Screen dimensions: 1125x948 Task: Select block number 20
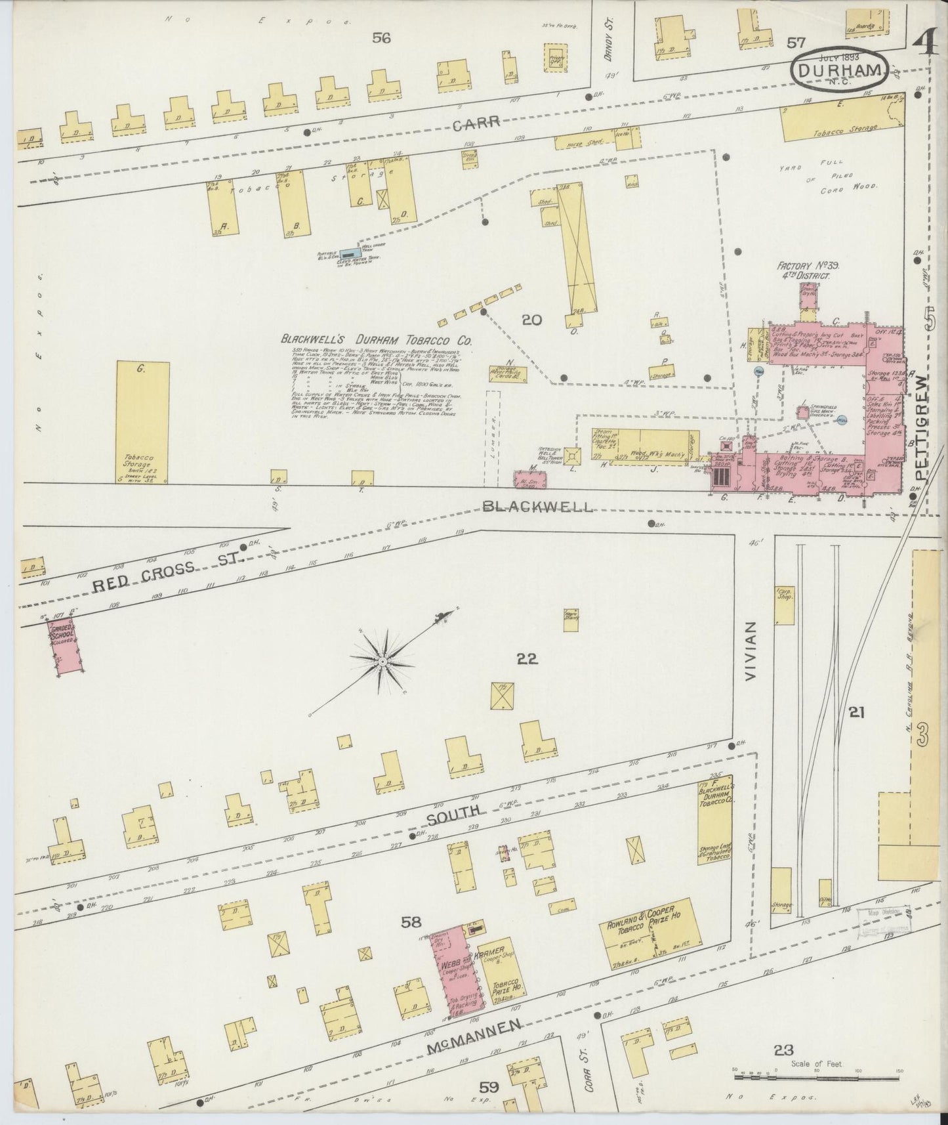531,320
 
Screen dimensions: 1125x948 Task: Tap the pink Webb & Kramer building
455,979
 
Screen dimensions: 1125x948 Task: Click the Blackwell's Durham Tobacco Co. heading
377,340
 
